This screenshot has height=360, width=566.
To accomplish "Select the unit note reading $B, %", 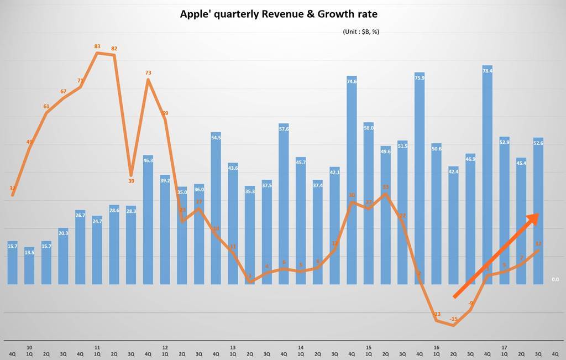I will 361,32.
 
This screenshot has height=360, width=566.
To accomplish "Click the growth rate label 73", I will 148,72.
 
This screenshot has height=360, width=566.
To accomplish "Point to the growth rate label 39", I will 131,181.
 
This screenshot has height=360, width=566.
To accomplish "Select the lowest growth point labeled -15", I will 454,319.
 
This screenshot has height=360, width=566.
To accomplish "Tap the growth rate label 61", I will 46,107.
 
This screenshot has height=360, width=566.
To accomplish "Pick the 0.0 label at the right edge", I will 555,280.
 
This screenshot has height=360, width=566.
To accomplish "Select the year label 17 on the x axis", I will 504,348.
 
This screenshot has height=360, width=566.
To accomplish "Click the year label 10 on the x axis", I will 29,348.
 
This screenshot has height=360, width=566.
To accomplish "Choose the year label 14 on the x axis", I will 301,348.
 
